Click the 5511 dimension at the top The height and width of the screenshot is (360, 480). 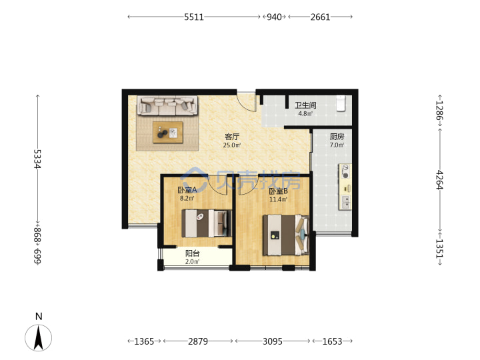point(194,17)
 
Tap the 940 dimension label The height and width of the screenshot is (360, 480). point(274,17)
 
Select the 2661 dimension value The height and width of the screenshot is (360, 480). point(320,17)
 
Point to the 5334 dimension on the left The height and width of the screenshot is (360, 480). point(37,159)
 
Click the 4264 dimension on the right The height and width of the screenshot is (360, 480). point(439,180)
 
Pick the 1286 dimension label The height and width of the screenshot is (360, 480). point(439,111)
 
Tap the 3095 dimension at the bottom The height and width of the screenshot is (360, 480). point(273,341)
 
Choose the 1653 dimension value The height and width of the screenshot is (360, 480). point(332,341)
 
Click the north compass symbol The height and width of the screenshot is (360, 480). point(38,337)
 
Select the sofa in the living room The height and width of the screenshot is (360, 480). point(167,106)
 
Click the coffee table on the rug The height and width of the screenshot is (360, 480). point(168,132)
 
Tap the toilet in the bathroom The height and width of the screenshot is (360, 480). point(341,103)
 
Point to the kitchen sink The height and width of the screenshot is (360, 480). point(345,202)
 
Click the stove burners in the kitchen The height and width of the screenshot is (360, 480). point(345,171)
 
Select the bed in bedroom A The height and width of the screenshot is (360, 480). point(207,223)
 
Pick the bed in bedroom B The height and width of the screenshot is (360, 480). point(286,235)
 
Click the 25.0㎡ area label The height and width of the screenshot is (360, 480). point(232,145)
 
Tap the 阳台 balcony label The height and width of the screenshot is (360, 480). point(193,253)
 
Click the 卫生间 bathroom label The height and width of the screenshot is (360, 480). point(305,105)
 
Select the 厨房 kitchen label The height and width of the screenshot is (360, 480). point(337,137)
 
